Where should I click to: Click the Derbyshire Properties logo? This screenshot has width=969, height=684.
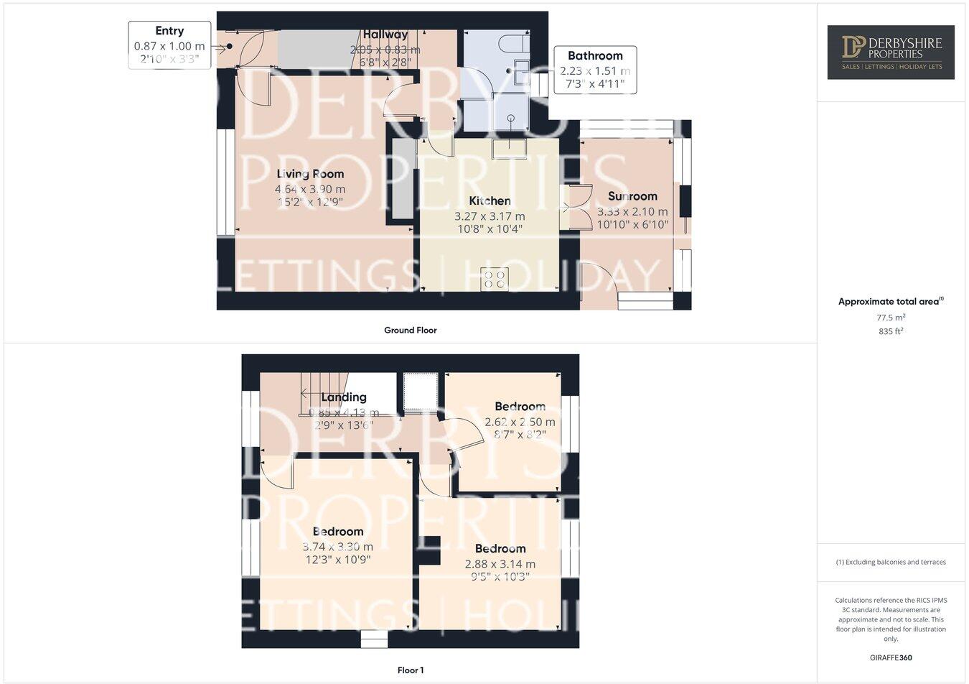[x=890, y=52]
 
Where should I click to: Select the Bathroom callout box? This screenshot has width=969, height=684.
[x=595, y=70]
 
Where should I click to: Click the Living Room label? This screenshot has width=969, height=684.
[x=310, y=174]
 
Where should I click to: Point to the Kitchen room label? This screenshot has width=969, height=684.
[x=490, y=201]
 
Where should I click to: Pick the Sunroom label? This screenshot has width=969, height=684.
[x=632, y=196]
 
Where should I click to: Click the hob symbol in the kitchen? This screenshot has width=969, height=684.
[x=494, y=279]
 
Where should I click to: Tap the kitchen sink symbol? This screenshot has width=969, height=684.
[x=510, y=149]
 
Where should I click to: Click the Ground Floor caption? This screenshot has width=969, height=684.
[x=410, y=331]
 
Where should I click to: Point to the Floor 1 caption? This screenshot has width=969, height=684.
[x=411, y=670]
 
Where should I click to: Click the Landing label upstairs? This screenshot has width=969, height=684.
[x=344, y=397]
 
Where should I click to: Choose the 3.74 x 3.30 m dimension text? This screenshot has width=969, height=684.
[x=337, y=547]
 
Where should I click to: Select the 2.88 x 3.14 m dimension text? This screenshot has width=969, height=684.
[x=500, y=564]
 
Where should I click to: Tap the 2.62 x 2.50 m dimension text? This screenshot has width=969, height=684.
[x=520, y=422]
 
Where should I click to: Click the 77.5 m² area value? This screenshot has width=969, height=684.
[x=890, y=318]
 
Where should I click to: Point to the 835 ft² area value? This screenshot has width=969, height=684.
[x=890, y=331]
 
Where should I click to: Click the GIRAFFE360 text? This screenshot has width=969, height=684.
[x=890, y=657]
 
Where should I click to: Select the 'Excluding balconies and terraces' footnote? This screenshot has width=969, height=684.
[x=890, y=563]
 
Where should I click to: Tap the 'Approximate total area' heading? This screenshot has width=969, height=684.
[x=890, y=302]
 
